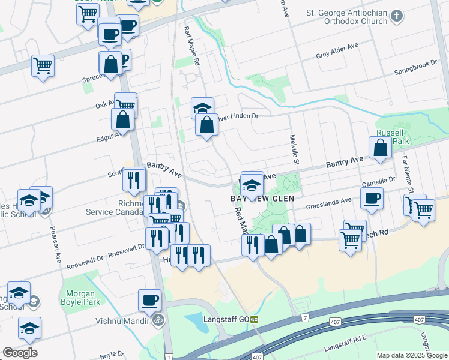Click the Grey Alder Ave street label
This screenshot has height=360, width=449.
[x=337, y=56]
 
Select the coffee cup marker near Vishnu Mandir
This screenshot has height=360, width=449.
[x=149, y=300]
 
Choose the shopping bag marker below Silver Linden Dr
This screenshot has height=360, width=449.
[x=206, y=125]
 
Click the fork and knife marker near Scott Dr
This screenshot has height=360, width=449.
[x=133, y=178]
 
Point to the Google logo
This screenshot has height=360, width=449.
[x=20, y=352]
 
